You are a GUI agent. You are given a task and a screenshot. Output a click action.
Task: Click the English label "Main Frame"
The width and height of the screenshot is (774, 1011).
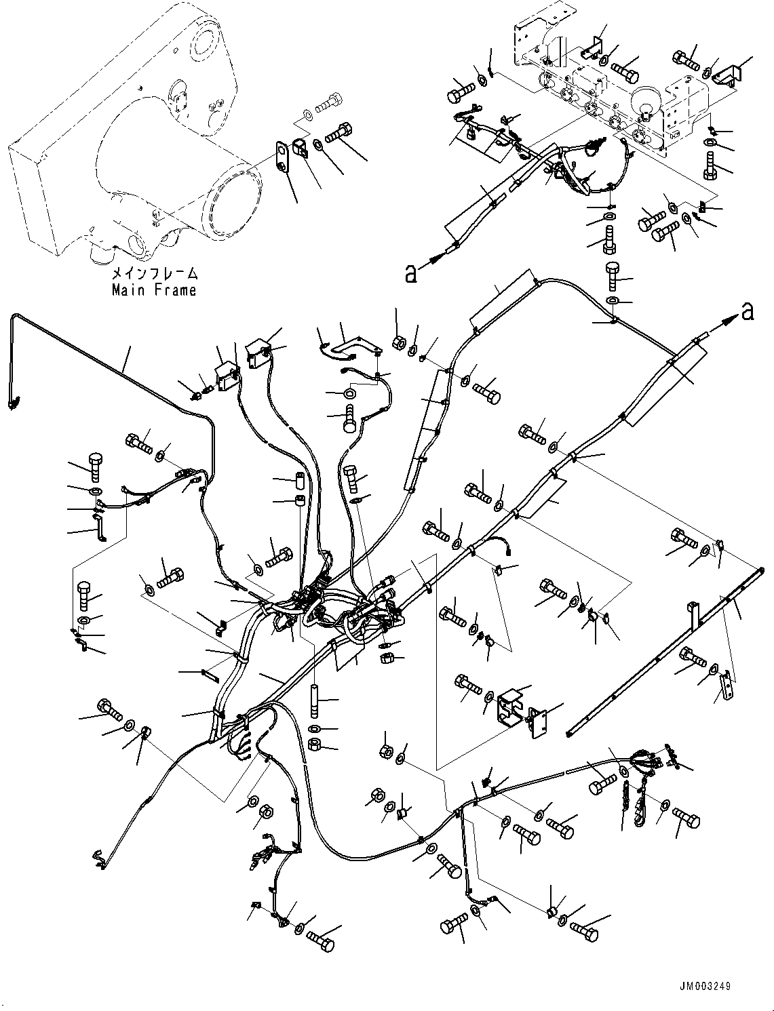coord(154,290)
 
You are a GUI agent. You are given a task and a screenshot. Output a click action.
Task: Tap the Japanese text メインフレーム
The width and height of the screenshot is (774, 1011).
coord(155,274)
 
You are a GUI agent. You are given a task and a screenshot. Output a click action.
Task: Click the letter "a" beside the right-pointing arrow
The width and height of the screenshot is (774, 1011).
coord(747,311)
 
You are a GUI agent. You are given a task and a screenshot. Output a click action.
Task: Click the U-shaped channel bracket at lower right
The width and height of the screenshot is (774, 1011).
coord(513,710)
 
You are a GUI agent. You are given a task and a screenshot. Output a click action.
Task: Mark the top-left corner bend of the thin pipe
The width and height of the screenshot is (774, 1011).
coord(14,315)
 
